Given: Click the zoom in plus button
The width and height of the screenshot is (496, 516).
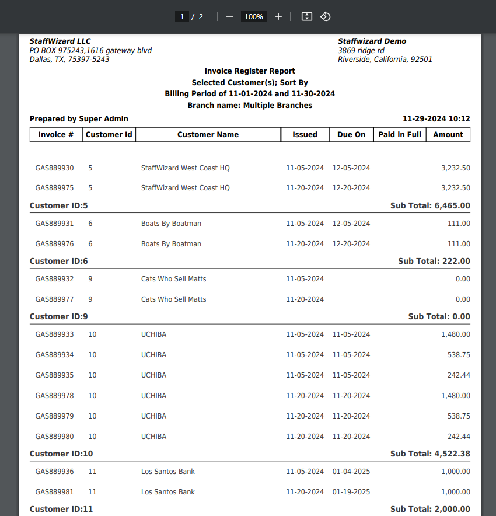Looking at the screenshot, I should pyautogui.click(x=278, y=16).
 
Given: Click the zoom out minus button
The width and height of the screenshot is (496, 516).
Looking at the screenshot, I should pyautogui.click(x=229, y=16).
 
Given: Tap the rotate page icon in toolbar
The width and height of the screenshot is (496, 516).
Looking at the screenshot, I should pyautogui.click(x=326, y=16).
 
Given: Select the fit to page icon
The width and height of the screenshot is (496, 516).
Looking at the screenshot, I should pyautogui.click(x=307, y=16).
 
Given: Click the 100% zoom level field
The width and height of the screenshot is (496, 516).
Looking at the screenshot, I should pyautogui.click(x=254, y=16).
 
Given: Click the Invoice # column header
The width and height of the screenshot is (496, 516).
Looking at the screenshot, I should pyautogui.click(x=56, y=134).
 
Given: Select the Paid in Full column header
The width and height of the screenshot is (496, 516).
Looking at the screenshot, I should pyautogui.click(x=400, y=134).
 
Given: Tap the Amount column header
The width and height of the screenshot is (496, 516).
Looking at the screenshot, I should pyautogui.click(x=448, y=134).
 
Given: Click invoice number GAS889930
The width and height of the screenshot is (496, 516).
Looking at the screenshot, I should pyautogui.click(x=55, y=168).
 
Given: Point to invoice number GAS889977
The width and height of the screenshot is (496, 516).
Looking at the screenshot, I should pyautogui.click(x=55, y=299).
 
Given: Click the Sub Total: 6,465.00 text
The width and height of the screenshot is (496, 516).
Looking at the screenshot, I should pyautogui.click(x=430, y=205).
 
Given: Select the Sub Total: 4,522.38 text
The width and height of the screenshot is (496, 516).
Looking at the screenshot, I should pyautogui.click(x=430, y=454).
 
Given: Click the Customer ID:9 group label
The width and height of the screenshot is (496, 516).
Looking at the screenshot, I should pyautogui.click(x=59, y=316).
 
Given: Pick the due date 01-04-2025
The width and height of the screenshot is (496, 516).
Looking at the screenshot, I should pyautogui.click(x=351, y=472).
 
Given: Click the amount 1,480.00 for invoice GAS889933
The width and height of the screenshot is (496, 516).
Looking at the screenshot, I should pyautogui.click(x=456, y=334).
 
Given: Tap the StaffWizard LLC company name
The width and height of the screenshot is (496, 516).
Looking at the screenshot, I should pyautogui.click(x=60, y=41).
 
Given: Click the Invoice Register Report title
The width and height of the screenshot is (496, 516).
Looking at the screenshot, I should pyautogui.click(x=250, y=71).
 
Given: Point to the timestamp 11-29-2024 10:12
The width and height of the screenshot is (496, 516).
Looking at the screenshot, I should pyautogui.click(x=436, y=118).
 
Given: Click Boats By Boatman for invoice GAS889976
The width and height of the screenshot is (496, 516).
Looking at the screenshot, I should pyautogui.click(x=171, y=244).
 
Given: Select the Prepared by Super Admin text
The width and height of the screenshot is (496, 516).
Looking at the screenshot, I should pyautogui.click(x=79, y=118).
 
